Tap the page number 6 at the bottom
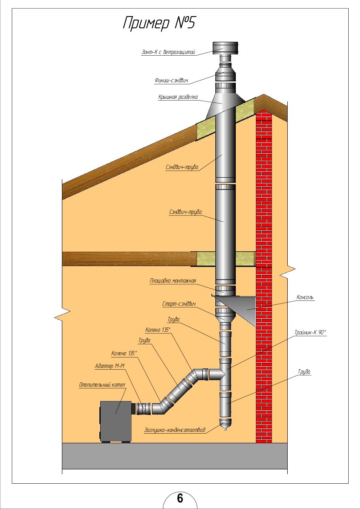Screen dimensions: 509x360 [x=180, y=498]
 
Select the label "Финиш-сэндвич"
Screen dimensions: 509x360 [x=171, y=81]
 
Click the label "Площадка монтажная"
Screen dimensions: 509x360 [x=173, y=281]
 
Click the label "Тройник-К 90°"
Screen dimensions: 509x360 [x=310, y=332]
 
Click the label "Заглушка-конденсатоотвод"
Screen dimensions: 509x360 [x=174, y=430]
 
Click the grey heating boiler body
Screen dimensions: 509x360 [x=116, y=421]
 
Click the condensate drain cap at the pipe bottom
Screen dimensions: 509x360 [x=225, y=424]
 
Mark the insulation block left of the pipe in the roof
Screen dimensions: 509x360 [x=205, y=130]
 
